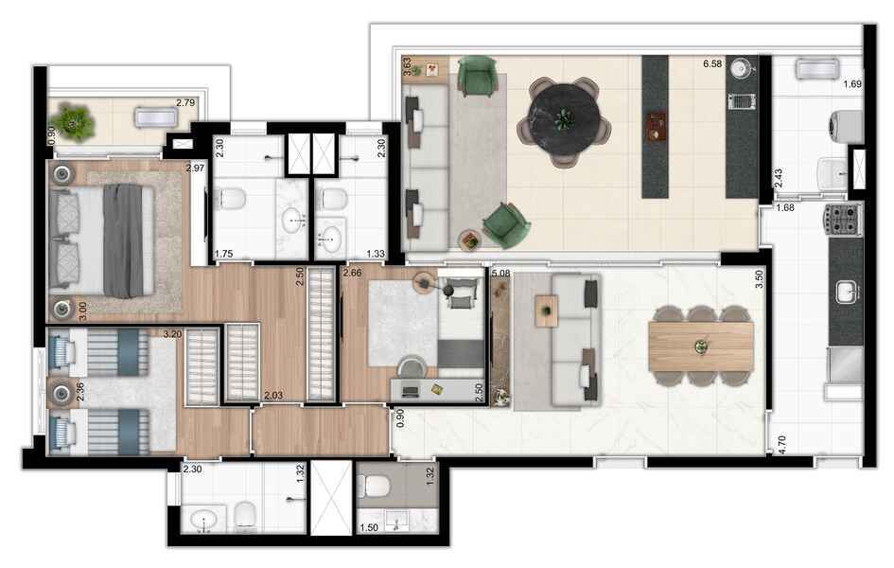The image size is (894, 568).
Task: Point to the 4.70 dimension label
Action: click(x=782, y=440)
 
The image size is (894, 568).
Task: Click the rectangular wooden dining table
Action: click(x=701, y=346)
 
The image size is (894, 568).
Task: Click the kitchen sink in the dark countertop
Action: click(x=846, y=293)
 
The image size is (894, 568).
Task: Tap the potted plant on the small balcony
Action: click(x=71, y=120)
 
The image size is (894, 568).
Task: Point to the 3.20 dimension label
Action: click(x=172, y=333)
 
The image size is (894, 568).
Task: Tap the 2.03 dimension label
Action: click(x=274, y=395)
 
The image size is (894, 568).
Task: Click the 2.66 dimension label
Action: click(x=352, y=274)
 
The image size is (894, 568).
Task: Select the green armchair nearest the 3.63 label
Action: click(x=476, y=76)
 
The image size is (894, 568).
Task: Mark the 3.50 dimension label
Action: click(x=759, y=280)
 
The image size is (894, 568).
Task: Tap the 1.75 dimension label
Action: click(x=224, y=253)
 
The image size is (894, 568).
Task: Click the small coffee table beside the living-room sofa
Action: click(x=546, y=310)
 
